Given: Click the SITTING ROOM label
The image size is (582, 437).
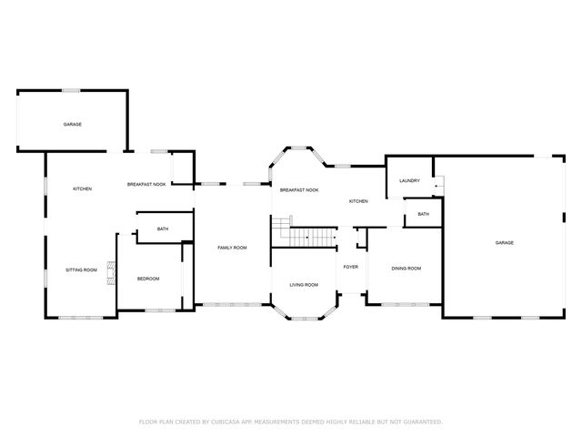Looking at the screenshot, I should coord(81,270).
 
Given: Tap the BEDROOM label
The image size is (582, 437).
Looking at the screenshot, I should coord(148,279).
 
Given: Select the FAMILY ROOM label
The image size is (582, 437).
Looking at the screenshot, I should coord(232,248).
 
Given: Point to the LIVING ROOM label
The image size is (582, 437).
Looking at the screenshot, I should coord(304,285).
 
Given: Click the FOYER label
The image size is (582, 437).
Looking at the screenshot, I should coord(350,267).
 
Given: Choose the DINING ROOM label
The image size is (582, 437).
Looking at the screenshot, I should coord(406,269).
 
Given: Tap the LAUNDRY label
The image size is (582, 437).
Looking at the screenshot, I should coord(409,180).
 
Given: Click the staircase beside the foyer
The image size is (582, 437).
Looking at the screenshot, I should coord(309,234).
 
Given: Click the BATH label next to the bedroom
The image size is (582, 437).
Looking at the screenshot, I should coord(162,229).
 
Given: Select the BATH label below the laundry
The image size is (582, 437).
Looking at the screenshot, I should coord(424,214).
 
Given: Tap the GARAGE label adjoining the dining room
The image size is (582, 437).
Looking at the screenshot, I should coord(505,242).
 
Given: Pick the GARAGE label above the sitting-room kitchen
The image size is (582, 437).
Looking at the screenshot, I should coord(72,124).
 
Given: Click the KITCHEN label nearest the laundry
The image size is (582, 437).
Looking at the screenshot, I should coord(358,200).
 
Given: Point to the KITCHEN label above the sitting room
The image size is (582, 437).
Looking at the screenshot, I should coord(82,188).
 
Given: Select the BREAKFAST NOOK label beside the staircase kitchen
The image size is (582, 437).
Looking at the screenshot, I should coord(299,189).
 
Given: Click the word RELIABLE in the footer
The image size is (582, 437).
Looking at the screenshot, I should coord(368,422).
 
